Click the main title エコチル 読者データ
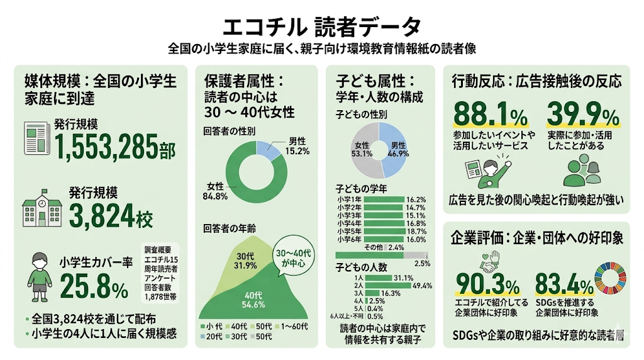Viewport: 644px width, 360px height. [x=321, y=26]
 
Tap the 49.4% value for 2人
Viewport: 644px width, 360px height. [x=422, y=286]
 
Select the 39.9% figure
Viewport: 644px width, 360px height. [x=582, y=115]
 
